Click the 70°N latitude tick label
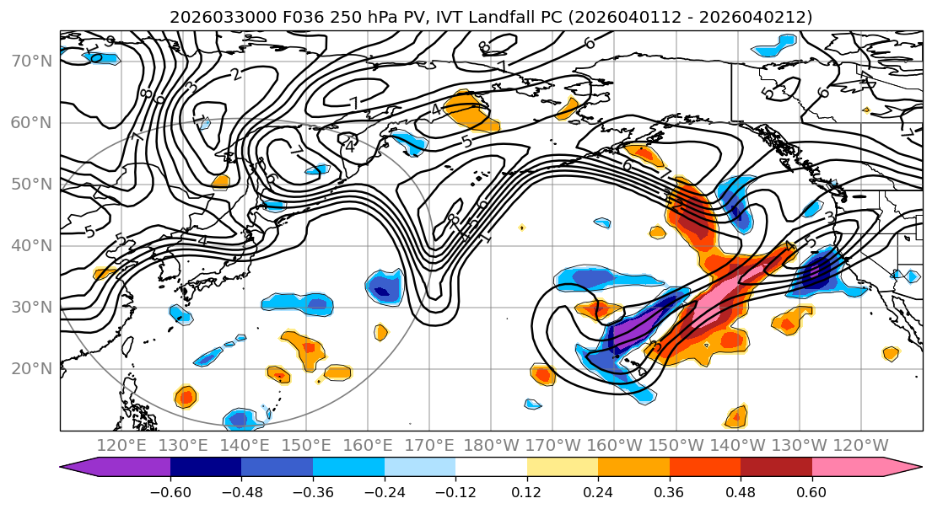coord(30,62)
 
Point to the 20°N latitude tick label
coord(30,369)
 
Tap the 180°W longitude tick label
coord(491,445)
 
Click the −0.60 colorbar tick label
coord(170,490)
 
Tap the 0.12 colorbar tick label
coord(527,490)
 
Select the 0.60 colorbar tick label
coord(812,490)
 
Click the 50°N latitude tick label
coord(30,185)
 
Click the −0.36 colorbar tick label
coord(313,490)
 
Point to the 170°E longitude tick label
coord(429,445)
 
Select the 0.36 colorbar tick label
coord(670,490)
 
